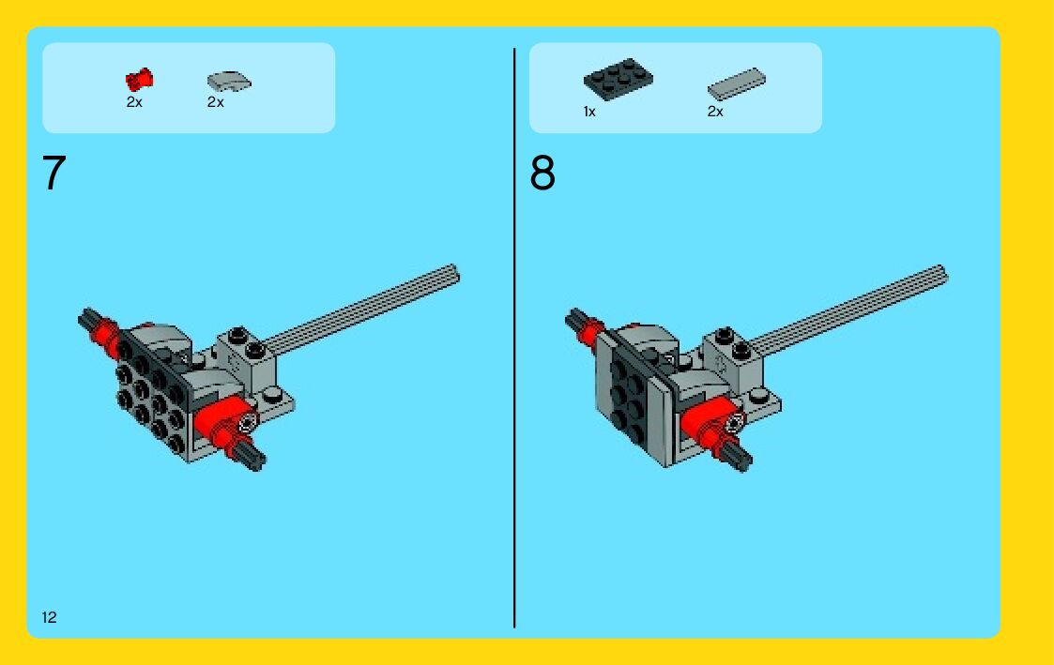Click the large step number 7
coord(53,173)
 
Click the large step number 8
coord(542,173)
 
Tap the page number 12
coord(49,617)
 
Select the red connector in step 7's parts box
coord(139,80)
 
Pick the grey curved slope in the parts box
coord(229,82)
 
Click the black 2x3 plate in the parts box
coord(618,79)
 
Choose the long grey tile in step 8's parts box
coord(736,84)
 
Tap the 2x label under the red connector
coord(134,102)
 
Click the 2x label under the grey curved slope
coord(215,102)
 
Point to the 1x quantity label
coord(589,112)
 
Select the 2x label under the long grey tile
coord(715,112)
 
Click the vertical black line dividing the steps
coord(514,338)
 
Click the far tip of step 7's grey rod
coord(456,273)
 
